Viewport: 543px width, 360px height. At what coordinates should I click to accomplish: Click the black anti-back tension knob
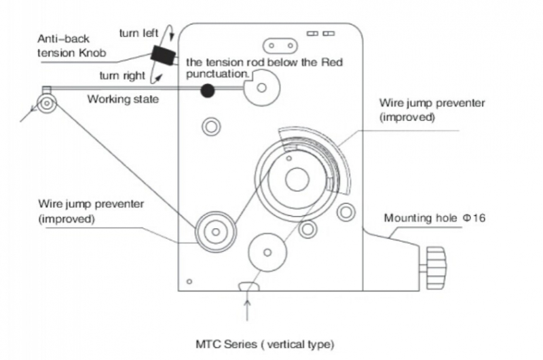click(164, 56)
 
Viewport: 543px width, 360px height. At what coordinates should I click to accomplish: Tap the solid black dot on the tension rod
click(208, 91)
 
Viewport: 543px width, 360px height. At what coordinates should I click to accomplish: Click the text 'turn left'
click(138, 33)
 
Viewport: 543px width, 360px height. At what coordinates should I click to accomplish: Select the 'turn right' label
click(122, 75)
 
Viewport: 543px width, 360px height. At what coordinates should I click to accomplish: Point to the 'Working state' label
click(123, 99)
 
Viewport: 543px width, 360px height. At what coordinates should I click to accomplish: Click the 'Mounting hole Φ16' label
click(434, 218)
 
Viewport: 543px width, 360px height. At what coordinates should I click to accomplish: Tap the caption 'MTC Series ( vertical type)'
click(265, 344)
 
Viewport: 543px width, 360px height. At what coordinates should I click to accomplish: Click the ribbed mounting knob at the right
click(436, 268)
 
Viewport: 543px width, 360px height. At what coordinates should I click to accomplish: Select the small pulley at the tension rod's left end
click(47, 103)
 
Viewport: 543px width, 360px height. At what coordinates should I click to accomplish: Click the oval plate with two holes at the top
click(280, 46)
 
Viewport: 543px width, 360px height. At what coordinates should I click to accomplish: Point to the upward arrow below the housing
click(247, 310)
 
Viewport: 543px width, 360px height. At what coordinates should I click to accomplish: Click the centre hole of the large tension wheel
click(297, 179)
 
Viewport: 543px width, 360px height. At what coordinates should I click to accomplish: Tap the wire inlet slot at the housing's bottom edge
click(248, 287)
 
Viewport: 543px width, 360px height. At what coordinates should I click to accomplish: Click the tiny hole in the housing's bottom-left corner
click(189, 281)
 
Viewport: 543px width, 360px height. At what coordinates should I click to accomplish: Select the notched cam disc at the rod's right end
click(262, 88)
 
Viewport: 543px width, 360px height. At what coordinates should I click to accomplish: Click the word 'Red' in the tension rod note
click(332, 62)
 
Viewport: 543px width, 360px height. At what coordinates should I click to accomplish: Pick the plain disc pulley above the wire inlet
click(267, 252)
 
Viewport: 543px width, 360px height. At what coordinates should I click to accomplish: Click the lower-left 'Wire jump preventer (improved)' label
click(91, 211)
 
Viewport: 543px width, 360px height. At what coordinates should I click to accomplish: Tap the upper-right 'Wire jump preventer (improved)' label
click(432, 110)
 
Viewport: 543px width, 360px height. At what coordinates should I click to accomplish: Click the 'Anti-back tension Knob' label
click(71, 46)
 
